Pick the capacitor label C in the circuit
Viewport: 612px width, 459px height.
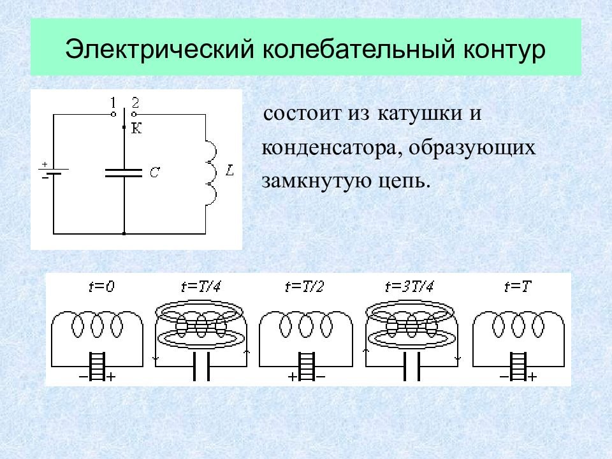click(x=154, y=172)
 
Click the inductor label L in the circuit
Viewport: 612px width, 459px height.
click(x=229, y=170)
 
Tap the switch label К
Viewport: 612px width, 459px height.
click(x=136, y=128)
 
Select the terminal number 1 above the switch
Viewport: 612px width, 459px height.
click(x=113, y=103)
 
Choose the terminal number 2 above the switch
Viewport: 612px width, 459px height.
click(x=135, y=103)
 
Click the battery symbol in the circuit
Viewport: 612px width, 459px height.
click(x=54, y=171)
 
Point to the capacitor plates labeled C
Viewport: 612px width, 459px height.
click(x=124, y=173)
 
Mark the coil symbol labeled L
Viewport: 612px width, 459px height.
click(x=210, y=171)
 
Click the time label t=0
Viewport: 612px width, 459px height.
click(x=101, y=287)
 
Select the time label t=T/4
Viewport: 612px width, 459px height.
click(x=201, y=287)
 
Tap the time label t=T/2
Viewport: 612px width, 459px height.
click(x=305, y=287)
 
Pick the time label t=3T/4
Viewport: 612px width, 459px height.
click(x=409, y=287)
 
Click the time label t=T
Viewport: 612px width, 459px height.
click(x=518, y=287)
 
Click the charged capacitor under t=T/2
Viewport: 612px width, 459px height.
click(x=306, y=367)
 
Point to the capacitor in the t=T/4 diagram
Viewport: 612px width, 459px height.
click(x=201, y=367)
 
